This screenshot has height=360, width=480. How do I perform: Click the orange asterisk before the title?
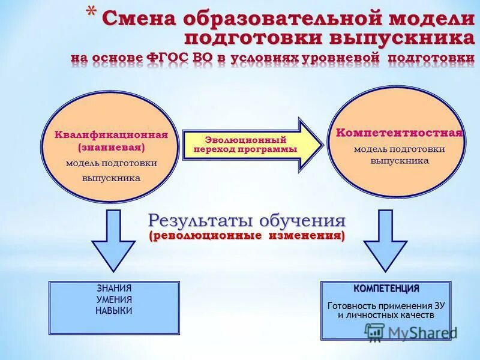coord(91,13)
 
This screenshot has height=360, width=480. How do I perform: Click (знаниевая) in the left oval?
coord(112,147)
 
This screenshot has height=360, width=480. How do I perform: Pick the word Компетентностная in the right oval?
coord(399,133)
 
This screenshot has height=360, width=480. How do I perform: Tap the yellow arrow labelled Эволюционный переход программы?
coord(252,145)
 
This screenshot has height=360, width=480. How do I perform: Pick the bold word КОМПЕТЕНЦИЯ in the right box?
coord(386,289)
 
